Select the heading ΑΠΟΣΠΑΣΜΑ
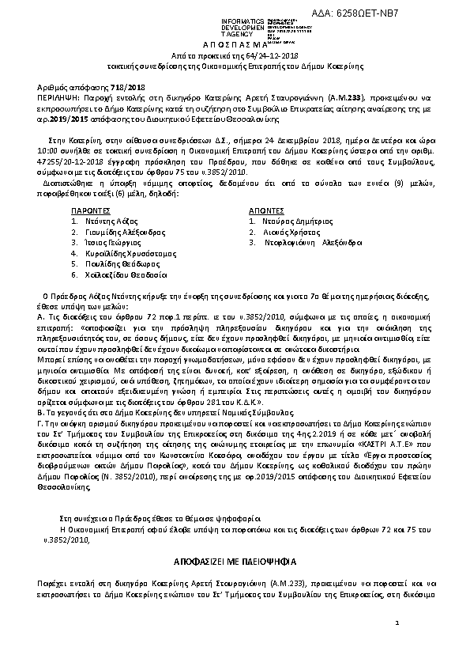click(x=234, y=47)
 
